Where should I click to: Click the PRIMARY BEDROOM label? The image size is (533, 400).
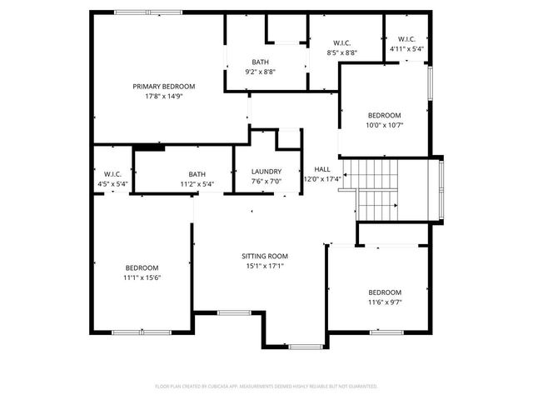tap(164, 86)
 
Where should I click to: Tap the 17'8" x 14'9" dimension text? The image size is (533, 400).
tap(164, 96)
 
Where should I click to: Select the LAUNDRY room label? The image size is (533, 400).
tap(266, 172)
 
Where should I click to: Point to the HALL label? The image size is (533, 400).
tap(321, 169)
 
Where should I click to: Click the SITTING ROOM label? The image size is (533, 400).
tap(265, 256)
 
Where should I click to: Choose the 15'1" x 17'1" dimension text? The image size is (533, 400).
tap(265, 267)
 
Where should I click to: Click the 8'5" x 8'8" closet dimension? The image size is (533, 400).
tap(342, 52)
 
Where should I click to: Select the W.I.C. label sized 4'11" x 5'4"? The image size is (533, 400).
tap(407, 39)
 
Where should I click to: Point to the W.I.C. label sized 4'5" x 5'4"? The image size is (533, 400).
tap(113, 174)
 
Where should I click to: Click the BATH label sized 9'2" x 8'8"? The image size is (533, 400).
tap(261, 62)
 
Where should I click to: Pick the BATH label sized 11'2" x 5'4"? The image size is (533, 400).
tap(197, 174)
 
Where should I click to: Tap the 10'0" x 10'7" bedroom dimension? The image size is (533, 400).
tap(385, 125)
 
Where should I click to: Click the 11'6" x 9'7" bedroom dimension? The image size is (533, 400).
tap(385, 302)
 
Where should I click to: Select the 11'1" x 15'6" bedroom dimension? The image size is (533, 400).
tap(142, 277)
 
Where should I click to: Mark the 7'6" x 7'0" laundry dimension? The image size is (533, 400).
tap(266, 181)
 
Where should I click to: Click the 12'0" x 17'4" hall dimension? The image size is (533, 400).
tap(321, 179)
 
